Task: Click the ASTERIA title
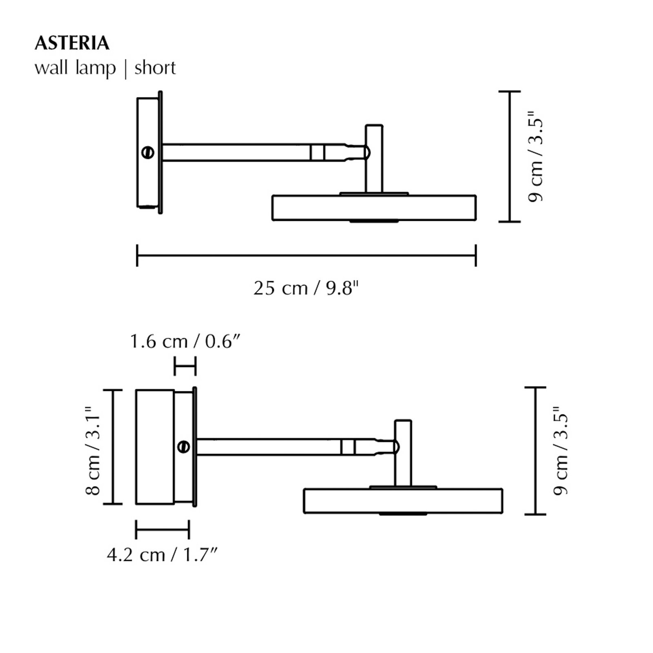[72, 43]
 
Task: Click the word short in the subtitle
[155, 68]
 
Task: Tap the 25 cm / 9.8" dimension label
[306, 289]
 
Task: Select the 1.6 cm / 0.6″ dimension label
[184, 341]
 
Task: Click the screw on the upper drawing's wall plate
[148, 153]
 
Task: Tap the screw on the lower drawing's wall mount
[184, 446]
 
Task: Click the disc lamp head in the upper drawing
[374, 208]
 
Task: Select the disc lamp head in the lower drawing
[403, 501]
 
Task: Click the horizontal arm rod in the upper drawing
[237, 153]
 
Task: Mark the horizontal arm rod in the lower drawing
[269, 447]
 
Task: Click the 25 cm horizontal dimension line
[306, 255]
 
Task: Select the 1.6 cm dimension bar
[185, 366]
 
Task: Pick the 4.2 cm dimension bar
[162, 530]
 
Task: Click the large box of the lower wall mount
[155, 447]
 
